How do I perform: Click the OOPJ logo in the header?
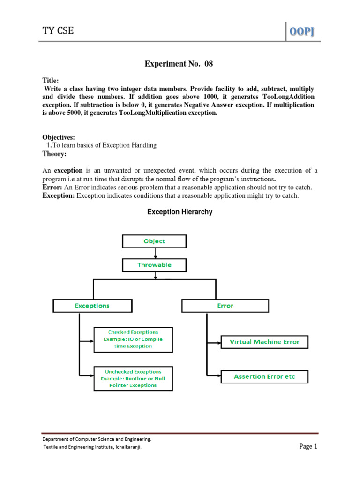pyautogui.click(x=303, y=31)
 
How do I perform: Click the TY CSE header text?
pyautogui.click(x=58, y=31)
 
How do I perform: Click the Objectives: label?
pyautogui.click(x=59, y=137)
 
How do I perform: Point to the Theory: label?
pyautogui.click(x=54, y=154)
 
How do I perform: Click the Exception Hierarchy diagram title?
pyautogui.click(x=180, y=212)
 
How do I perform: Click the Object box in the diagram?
pyautogui.click(x=154, y=241)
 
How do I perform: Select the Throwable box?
pyautogui.click(x=154, y=265)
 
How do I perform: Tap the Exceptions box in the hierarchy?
pyautogui.click(x=92, y=306)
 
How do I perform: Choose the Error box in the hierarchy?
pyautogui.click(x=225, y=306)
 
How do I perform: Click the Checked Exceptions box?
pyautogui.click(x=133, y=339)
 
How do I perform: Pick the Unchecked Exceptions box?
pyautogui.click(x=133, y=378)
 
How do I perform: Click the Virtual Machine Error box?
pyautogui.click(x=264, y=342)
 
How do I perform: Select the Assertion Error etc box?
pyautogui.click(x=264, y=376)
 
